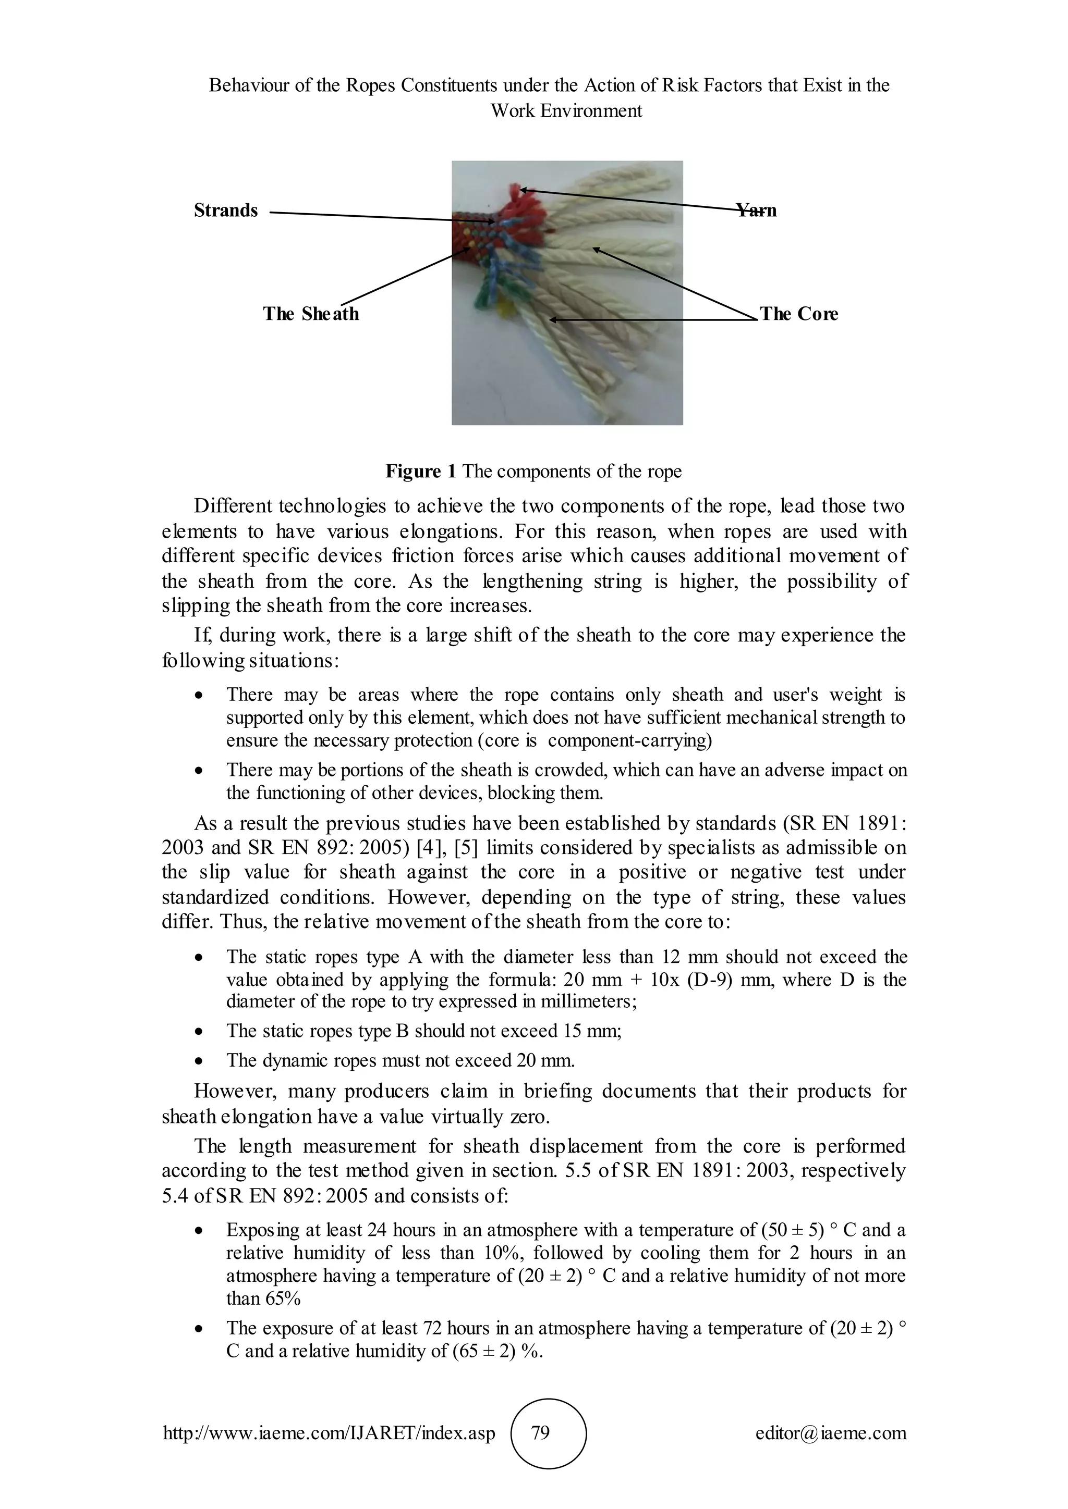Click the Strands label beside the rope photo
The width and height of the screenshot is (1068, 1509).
coord(226,211)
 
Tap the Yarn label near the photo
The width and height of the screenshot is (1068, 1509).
coord(756,211)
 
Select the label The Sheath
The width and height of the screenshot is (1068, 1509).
coord(311,314)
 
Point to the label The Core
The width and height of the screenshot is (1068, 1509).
coord(799,314)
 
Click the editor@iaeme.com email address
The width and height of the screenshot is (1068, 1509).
coord(831,1433)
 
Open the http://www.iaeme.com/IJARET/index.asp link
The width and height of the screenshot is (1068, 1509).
coord(329,1433)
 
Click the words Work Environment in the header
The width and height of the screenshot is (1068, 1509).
coord(566,110)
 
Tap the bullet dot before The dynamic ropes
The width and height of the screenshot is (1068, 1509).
coord(199,1061)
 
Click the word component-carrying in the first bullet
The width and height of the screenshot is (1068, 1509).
coord(629,741)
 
